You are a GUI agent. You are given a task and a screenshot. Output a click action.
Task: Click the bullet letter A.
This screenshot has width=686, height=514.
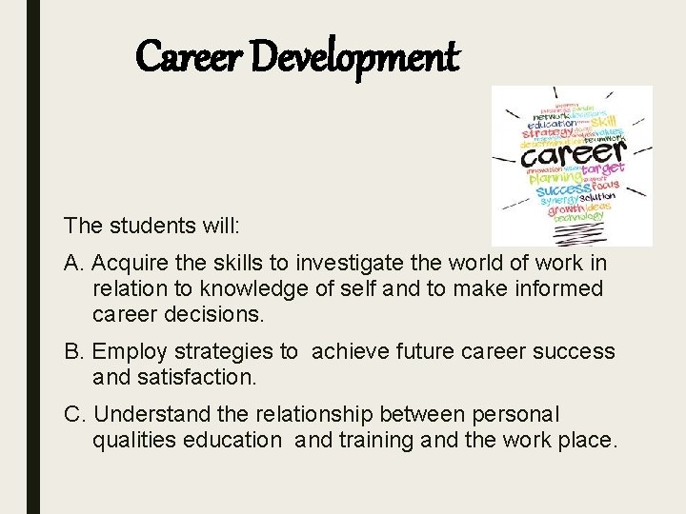[x=72, y=262]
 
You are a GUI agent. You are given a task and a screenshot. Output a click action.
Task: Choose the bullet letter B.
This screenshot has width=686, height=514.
[x=72, y=351]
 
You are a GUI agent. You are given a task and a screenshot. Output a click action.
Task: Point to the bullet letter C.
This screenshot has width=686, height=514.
[x=73, y=414]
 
